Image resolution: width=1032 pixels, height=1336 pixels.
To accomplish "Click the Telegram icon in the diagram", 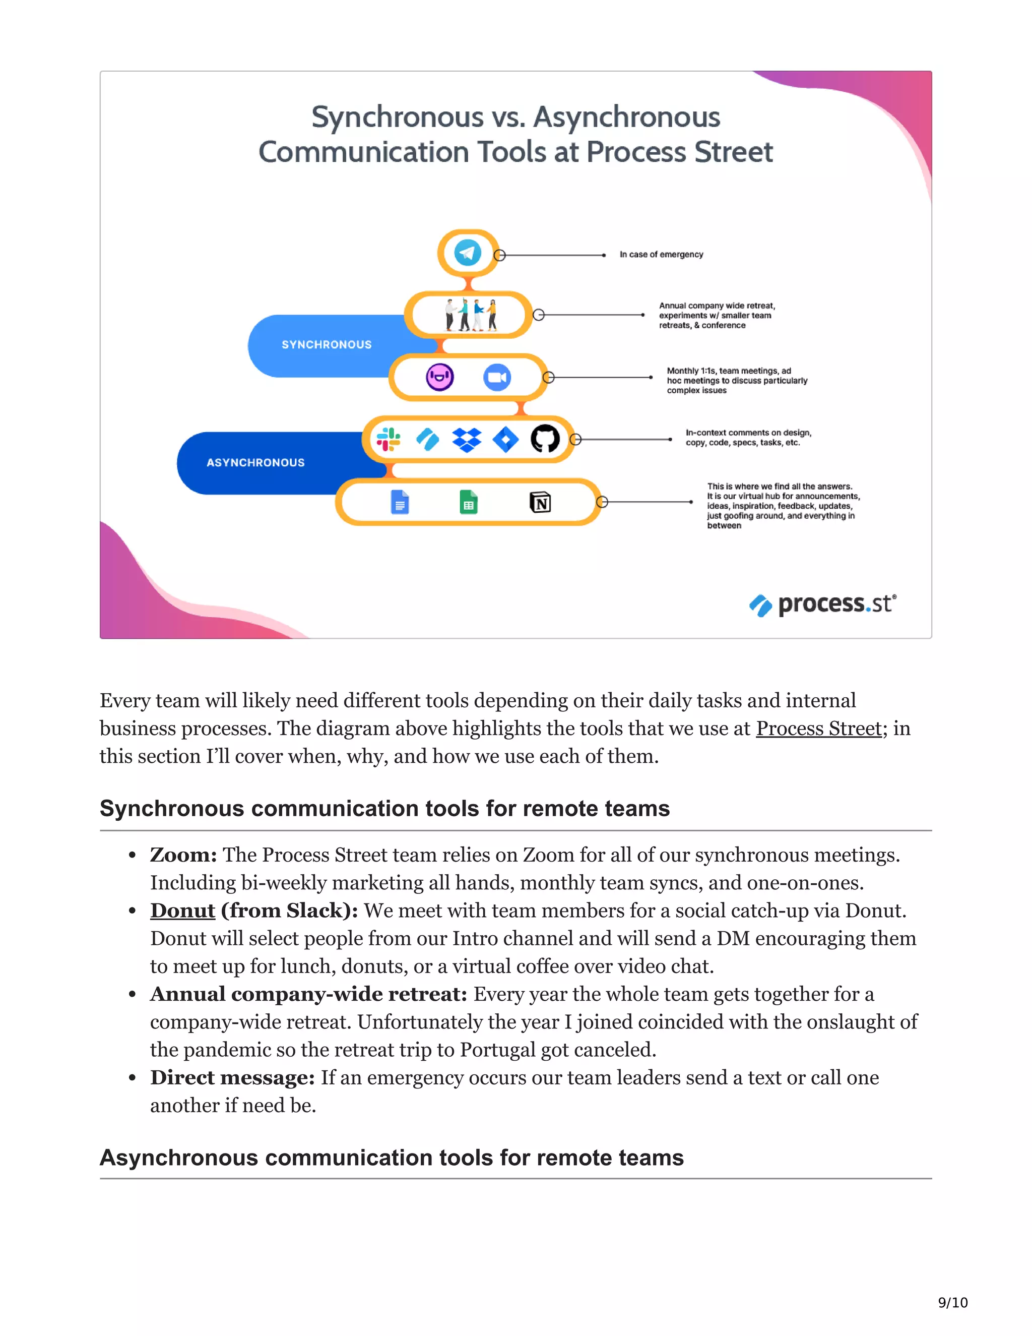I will pyautogui.click(x=468, y=253).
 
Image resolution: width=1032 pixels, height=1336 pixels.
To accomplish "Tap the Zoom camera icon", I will pyautogui.click(x=496, y=378).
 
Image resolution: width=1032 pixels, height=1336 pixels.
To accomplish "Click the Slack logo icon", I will pyautogui.click(x=388, y=439).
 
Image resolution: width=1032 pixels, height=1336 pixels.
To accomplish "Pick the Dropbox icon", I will pyautogui.click(x=467, y=439).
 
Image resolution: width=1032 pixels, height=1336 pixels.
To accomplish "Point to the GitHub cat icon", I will pyautogui.click(x=545, y=439).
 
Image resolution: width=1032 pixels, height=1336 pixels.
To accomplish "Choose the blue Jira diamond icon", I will pyautogui.click(x=505, y=439).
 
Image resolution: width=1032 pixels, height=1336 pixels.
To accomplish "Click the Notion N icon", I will pyautogui.click(x=540, y=502).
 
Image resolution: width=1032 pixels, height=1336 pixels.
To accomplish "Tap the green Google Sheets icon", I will pyautogui.click(x=468, y=502).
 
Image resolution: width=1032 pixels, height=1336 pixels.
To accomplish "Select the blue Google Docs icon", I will pyautogui.click(x=399, y=502).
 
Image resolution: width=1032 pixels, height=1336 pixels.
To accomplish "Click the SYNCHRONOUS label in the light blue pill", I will pyautogui.click(x=327, y=345).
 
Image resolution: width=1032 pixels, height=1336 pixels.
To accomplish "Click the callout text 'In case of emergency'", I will pyautogui.click(x=661, y=255).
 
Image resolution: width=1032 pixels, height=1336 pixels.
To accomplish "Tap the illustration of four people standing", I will pyautogui.click(x=470, y=315).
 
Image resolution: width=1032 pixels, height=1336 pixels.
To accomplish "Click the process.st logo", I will pyautogui.click(x=822, y=604).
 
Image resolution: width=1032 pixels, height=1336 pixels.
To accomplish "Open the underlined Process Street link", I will pyautogui.click(x=819, y=728).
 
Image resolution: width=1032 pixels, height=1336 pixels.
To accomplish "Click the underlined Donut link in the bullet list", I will pyautogui.click(x=183, y=911).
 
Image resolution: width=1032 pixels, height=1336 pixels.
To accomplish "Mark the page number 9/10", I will pyautogui.click(x=952, y=1302).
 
